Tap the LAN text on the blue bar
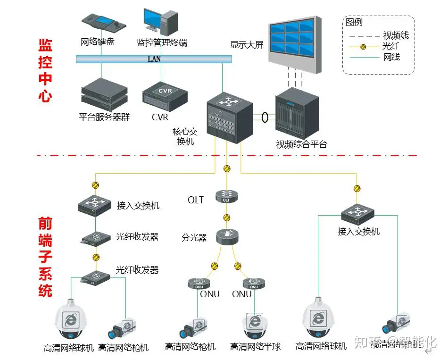click(x=154, y=59)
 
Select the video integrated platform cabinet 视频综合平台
click(x=297, y=113)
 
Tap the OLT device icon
click(x=226, y=196)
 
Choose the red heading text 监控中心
click(x=45, y=71)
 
